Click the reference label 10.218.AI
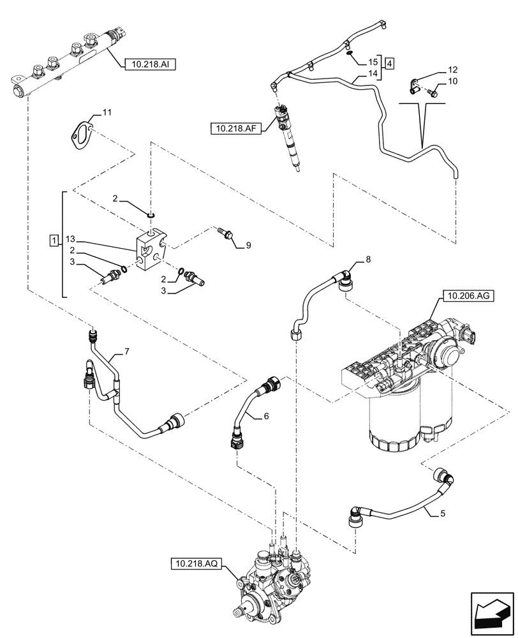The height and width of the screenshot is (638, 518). pyautogui.click(x=151, y=64)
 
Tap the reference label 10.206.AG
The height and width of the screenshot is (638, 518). pyautogui.click(x=465, y=297)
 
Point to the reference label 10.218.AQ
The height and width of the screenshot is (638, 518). pyautogui.click(x=196, y=563)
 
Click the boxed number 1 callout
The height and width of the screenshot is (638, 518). pyautogui.click(x=55, y=240)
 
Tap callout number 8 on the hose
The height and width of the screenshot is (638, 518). pyautogui.click(x=367, y=260)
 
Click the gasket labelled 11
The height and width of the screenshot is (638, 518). pyautogui.click(x=82, y=134)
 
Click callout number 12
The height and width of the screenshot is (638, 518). pyautogui.click(x=452, y=69)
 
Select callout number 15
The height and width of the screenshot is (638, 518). pyautogui.click(x=372, y=62)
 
